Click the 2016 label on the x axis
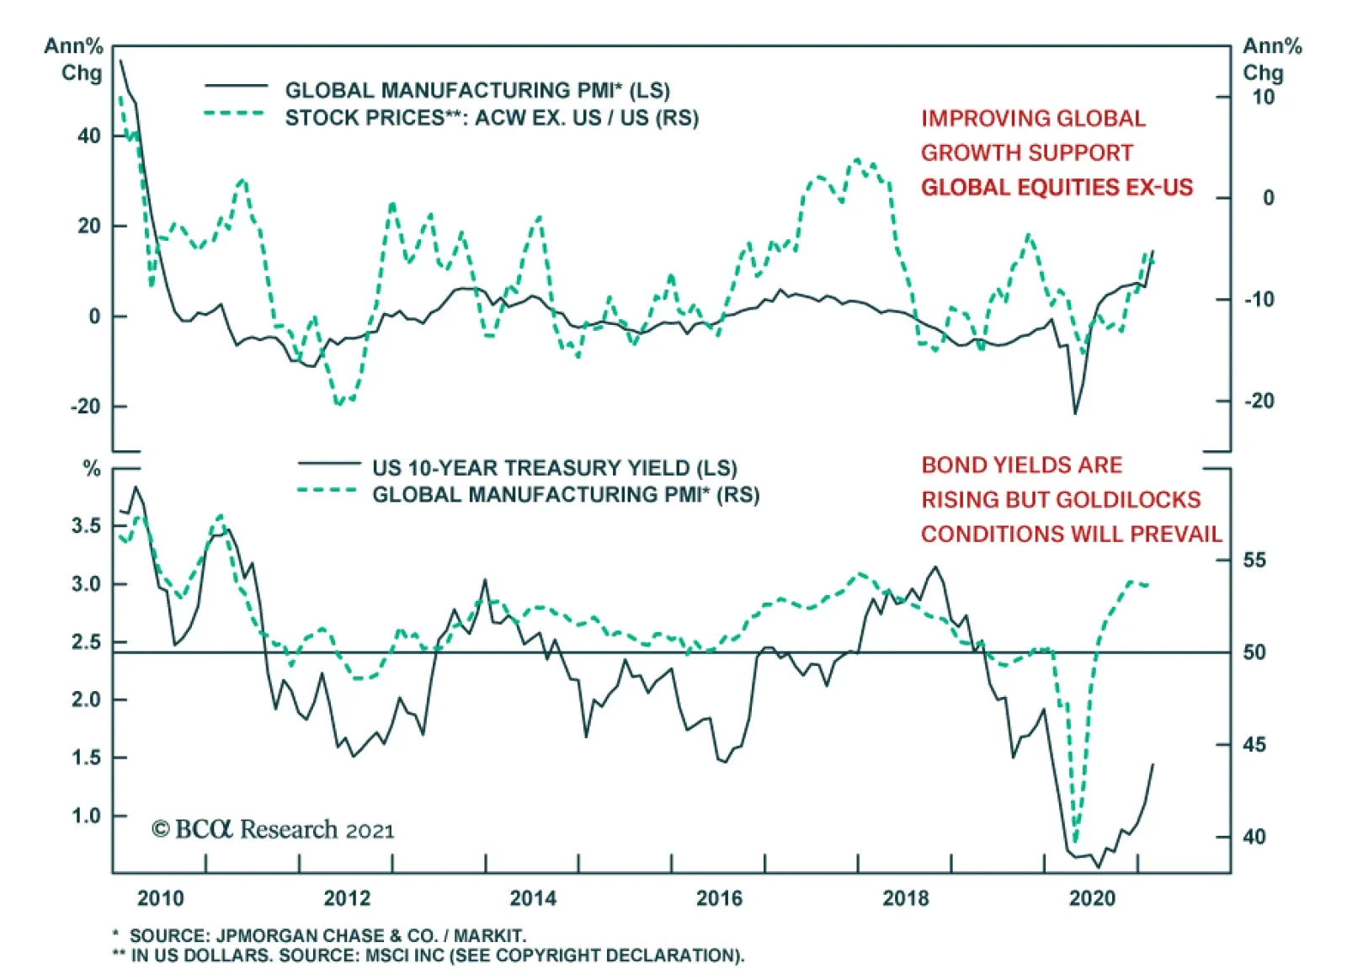(x=719, y=898)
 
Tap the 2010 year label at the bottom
(x=160, y=898)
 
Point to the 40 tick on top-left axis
(x=88, y=136)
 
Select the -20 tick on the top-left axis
(x=84, y=406)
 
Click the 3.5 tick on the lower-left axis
(x=86, y=526)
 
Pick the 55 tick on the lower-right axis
(x=1254, y=560)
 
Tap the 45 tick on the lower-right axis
(x=1254, y=744)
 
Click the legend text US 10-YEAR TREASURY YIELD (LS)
(x=554, y=468)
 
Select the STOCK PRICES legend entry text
(x=492, y=118)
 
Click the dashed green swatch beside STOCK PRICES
(x=236, y=113)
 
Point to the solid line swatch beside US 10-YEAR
(x=329, y=463)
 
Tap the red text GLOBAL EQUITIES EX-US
(x=1057, y=187)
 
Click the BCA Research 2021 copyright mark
(x=273, y=830)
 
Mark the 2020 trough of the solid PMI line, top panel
(x=1075, y=413)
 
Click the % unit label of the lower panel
(x=92, y=469)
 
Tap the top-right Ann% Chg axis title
(x=1271, y=59)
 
